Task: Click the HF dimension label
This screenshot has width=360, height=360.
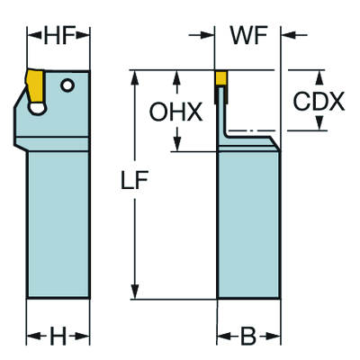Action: [59, 35]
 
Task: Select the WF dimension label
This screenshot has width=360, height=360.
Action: [248, 35]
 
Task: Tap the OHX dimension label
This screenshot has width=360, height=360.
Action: [176, 112]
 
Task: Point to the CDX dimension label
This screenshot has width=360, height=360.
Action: [319, 102]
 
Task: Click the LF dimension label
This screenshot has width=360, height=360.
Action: [134, 180]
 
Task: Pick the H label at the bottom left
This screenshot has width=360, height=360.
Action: [58, 336]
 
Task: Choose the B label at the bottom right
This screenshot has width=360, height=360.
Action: [248, 336]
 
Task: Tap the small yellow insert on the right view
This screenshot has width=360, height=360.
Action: [221, 78]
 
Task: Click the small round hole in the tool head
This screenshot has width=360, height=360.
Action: [67, 85]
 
